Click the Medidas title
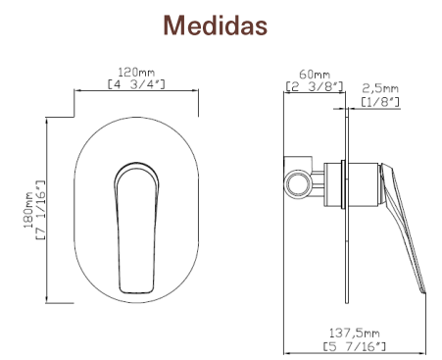pyautogui.click(x=216, y=26)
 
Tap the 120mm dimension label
pyautogui.click(x=136, y=72)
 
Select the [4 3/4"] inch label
pyautogui.click(x=136, y=84)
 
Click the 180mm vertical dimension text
pyautogui.click(x=28, y=210)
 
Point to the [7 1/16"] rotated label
pyautogui.click(x=40, y=210)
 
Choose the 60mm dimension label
pyautogui.click(x=315, y=75)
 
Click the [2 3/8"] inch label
pyautogui.click(x=315, y=86)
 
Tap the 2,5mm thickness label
pyautogui.click(x=380, y=88)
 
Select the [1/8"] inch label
pyautogui.click(x=380, y=101)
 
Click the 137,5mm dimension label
pyautogui.click(x=354, y=334)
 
